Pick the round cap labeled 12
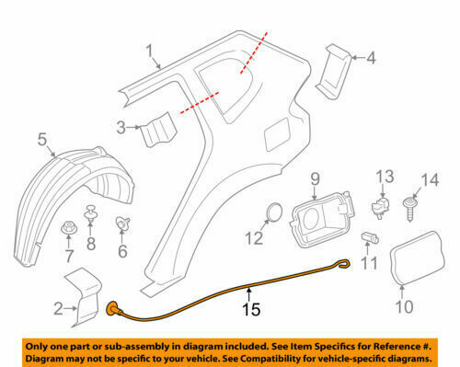click(x=272, y=213)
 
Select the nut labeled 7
click(x=69, y=224)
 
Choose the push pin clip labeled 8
click(x=92, y=212)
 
